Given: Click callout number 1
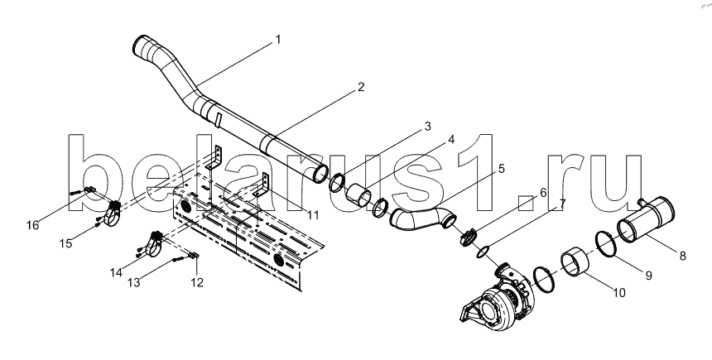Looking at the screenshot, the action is pyautogui.click(x=278, y=40).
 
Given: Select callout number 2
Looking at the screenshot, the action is pyautogui.click(x=360, y=87).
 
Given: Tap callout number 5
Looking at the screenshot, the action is pyautogui.click(x=501, y=169).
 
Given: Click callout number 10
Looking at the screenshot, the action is pyautogui.click(x=619, y=293).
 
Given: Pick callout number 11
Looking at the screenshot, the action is pyautogui.click(x=313, y=214).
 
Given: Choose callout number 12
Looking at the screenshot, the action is pyautogui.click(x=196, y=282).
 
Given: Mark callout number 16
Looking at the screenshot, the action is pyautogui.click(x=32, y=225).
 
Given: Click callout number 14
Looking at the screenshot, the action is pyautogui.click(x=116, y=272).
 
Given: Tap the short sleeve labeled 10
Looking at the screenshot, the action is pyautogui.click(x=575, y=262).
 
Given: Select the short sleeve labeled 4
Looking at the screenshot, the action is pyautogui.click(x=358, y=195).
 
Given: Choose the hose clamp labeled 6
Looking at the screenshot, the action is pyautogui.click(x=468, y=237).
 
